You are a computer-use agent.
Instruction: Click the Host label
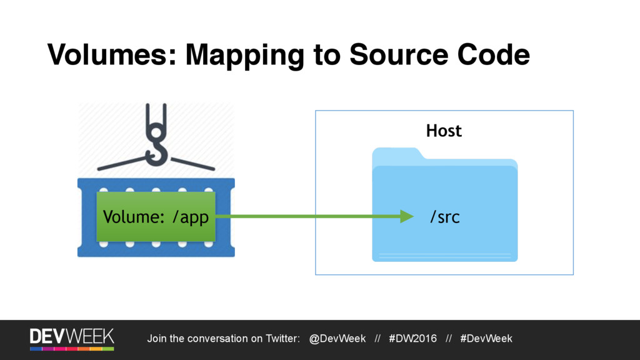[444, 131]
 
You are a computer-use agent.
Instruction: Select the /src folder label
[444, 217]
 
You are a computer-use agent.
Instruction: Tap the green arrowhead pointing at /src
[406, 217]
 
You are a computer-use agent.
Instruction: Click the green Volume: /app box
[156, 217]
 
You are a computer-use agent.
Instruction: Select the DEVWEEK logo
[72, 337]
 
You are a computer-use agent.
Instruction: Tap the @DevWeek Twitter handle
[337, 339]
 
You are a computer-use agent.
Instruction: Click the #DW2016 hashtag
[412, 339]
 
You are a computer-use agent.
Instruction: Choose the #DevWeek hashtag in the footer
[486, 339]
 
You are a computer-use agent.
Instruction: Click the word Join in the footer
[156, 339]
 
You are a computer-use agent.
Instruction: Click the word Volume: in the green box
[134, 217]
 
